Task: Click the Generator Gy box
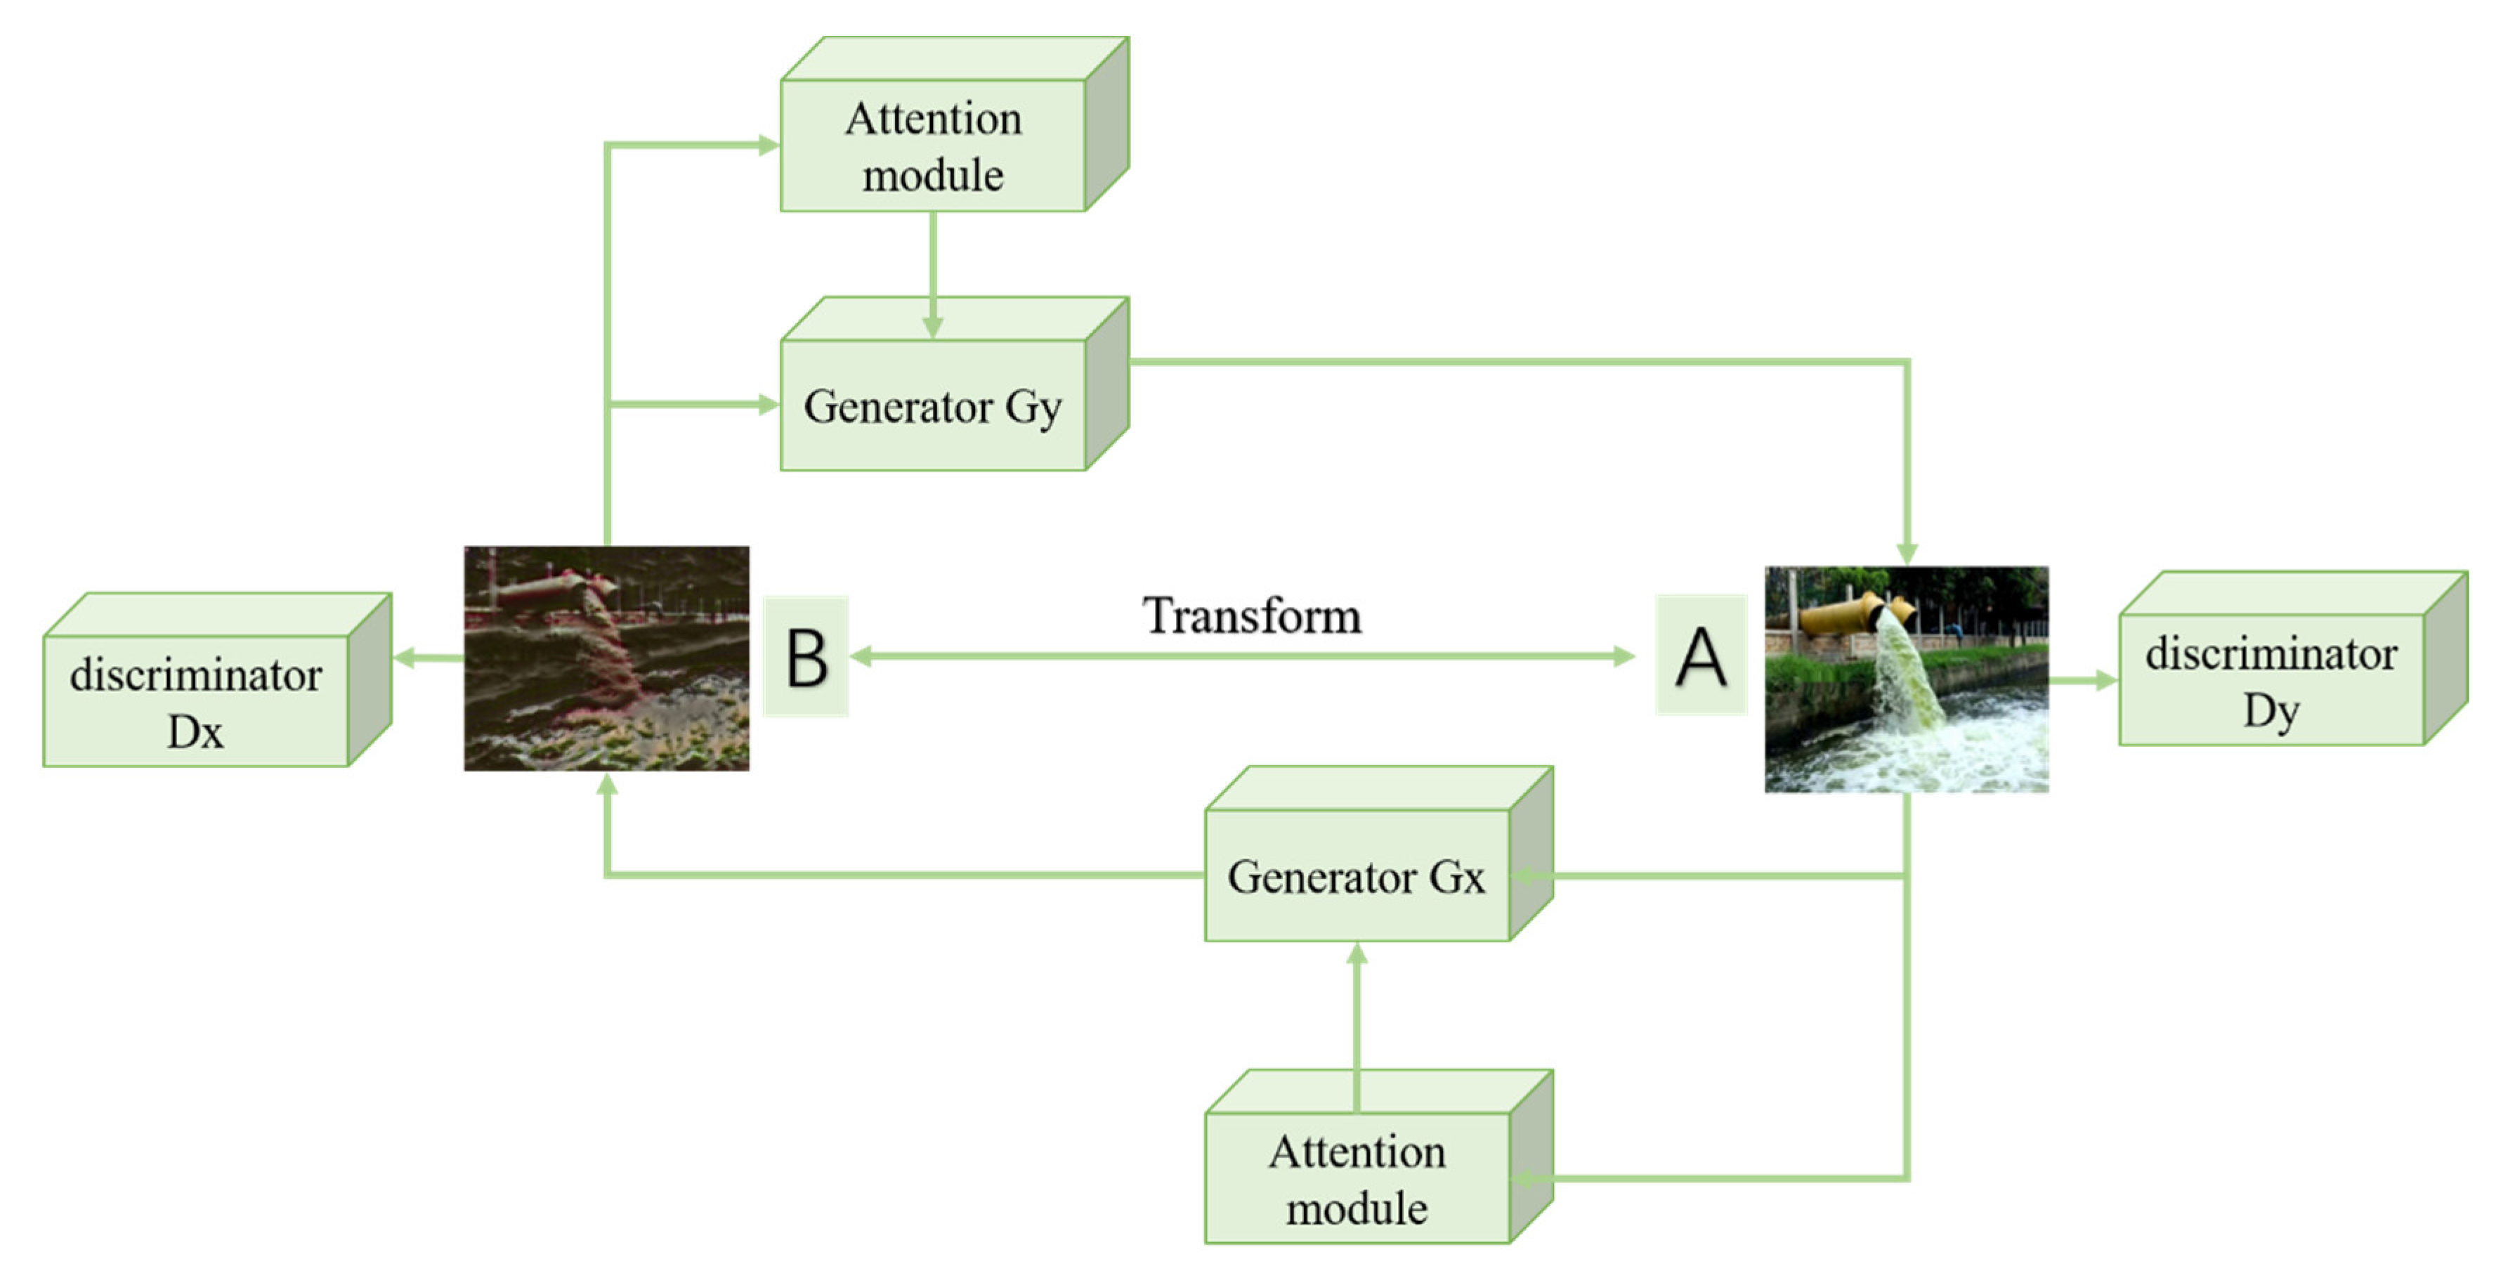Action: (x=932, y=405)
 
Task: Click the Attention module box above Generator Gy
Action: (x=932, y=145)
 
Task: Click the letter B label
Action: (x=806, y=657)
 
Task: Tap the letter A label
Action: (x=1701, y=656)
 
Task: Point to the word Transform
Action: (x=1251, y=615)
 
